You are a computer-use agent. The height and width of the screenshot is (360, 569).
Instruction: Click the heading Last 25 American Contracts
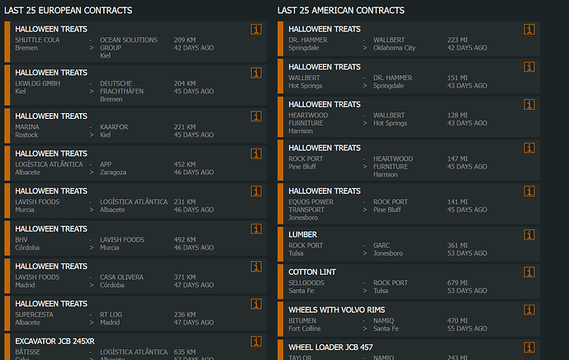tap(341, 10)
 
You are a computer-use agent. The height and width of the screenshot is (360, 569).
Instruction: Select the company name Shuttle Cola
tap(37, 40)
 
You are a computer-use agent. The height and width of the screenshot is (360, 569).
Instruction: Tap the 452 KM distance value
tap(185, 164)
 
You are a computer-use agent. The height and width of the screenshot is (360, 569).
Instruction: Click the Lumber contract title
tap(302, 234)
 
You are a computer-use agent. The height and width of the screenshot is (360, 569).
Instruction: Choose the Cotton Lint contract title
tap(312, 272)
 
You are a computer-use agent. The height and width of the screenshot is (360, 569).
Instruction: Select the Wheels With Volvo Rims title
tap(336, 310)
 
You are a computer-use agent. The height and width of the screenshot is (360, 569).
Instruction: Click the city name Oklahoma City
tap(394, 48)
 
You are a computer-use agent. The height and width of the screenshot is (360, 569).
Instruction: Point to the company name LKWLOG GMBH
tap(37, 83)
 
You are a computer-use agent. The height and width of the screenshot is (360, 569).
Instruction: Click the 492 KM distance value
tap(185, 239)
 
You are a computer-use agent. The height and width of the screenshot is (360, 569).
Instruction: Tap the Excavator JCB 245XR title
tap(55, 340)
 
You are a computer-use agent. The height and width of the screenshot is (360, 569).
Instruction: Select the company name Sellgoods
tap(306, 283)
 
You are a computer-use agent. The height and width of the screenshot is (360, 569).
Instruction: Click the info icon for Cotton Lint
tap(529, 272)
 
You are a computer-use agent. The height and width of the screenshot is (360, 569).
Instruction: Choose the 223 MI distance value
tap(458, 40)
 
